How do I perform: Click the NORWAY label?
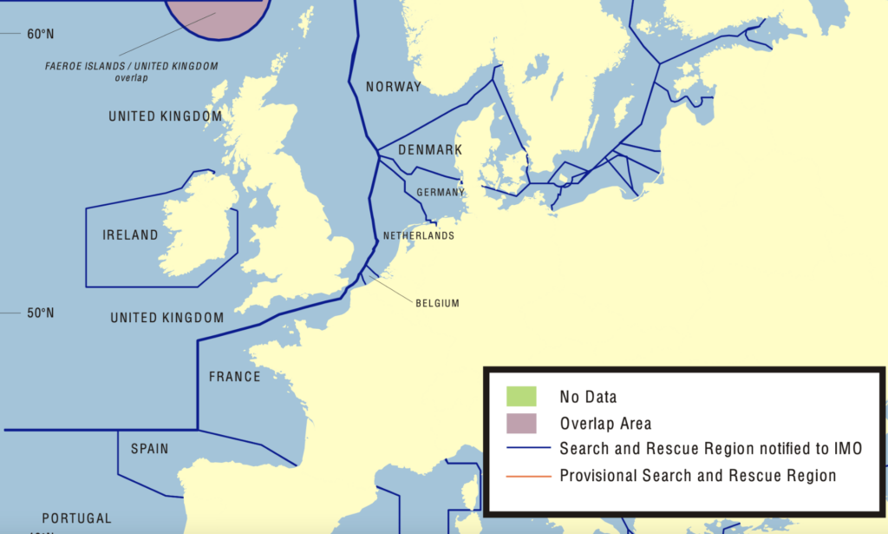click(x=393, y=87)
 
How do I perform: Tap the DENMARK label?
click(x=430, y=150)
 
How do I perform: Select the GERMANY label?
click(x=440, y=192)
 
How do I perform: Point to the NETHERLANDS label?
click(x=419, y=235)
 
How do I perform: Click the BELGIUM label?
click(x=437, y=303)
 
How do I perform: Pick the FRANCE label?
click(x=234, y=377)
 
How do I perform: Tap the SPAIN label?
click(x=149, y=449)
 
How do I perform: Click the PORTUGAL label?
click(x=76, y=518)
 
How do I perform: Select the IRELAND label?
click(x=130, y=235)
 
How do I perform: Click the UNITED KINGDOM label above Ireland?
click(x=165, y=116)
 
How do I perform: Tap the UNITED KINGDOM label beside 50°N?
click(x=166, y=319)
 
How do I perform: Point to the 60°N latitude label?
click(x=40, y=35)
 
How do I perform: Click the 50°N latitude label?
click(x=40, y=313)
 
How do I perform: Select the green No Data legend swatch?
click(x=522, y=397)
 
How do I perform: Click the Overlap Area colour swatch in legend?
click(x=522, y=423)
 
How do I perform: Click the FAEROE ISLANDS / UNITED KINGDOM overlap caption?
click(x=132, y=71)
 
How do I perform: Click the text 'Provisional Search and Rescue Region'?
click(x=697, y=476)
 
